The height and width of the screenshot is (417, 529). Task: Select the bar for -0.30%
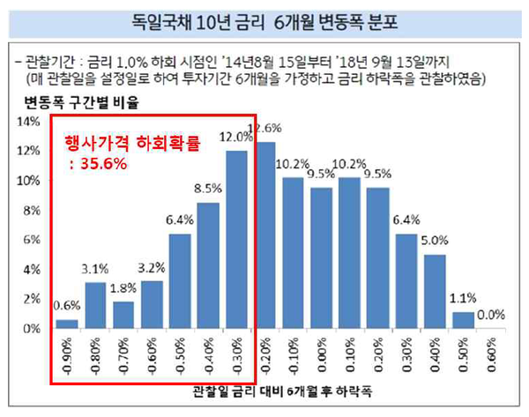tap(235, 240)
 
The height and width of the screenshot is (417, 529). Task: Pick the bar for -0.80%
tap(97, 305)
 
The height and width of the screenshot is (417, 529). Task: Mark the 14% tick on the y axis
tap(29, 122)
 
